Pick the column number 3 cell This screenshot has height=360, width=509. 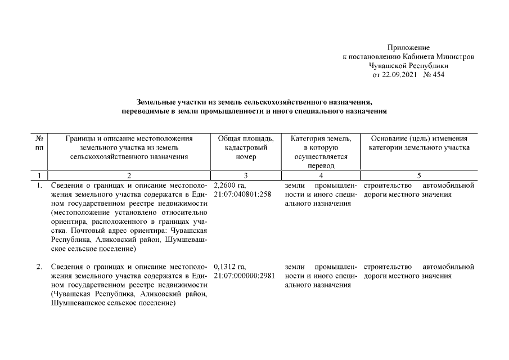click(246, 175)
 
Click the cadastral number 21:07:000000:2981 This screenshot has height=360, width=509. click(246, 276)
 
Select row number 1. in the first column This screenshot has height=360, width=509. click(39, 185)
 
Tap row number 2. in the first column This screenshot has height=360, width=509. click(39, 266)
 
